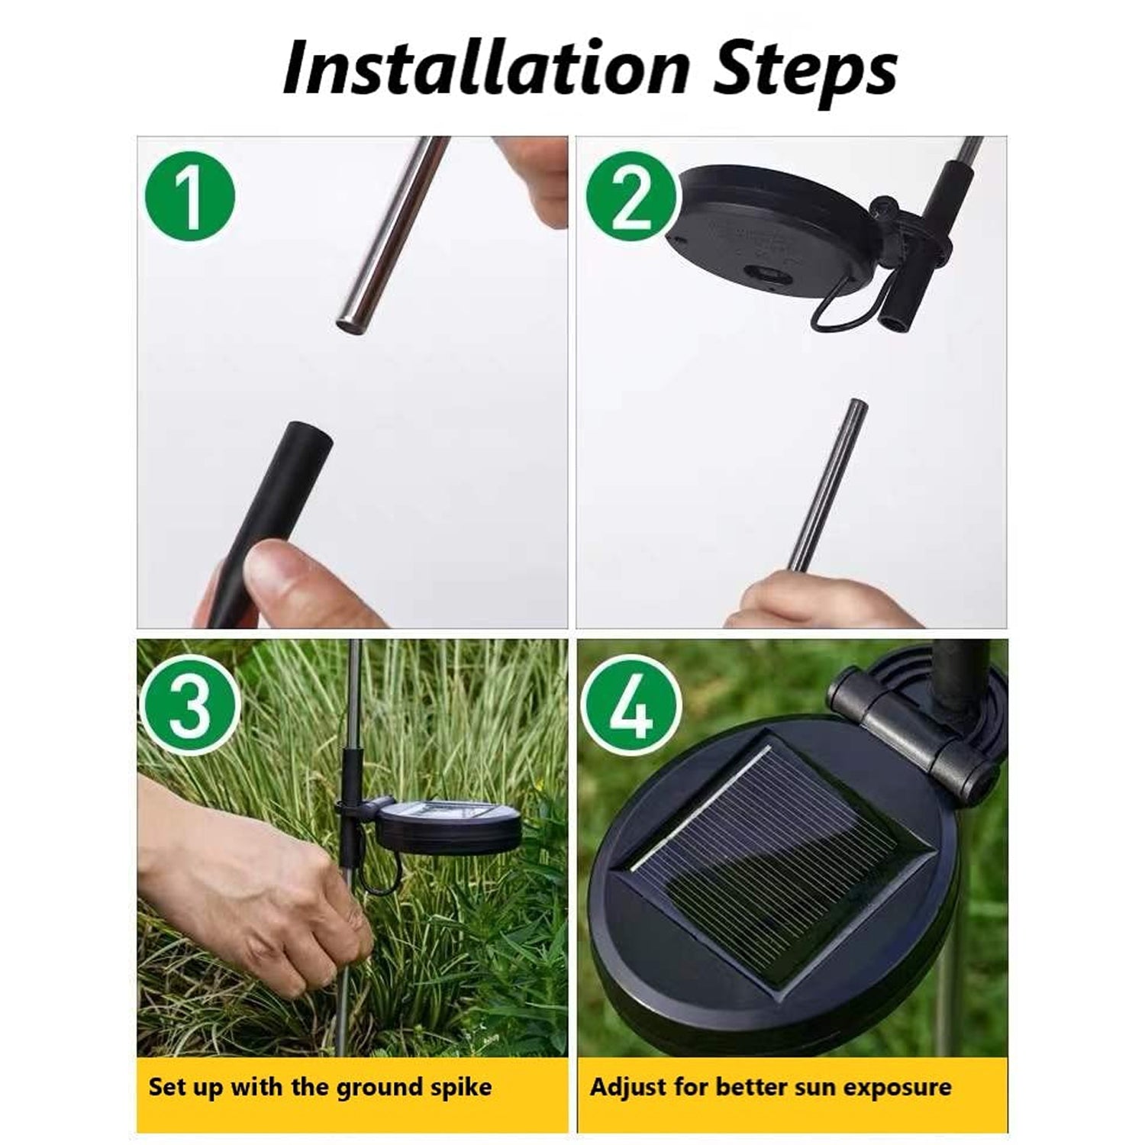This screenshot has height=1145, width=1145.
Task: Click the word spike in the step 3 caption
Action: [461, 1088]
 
